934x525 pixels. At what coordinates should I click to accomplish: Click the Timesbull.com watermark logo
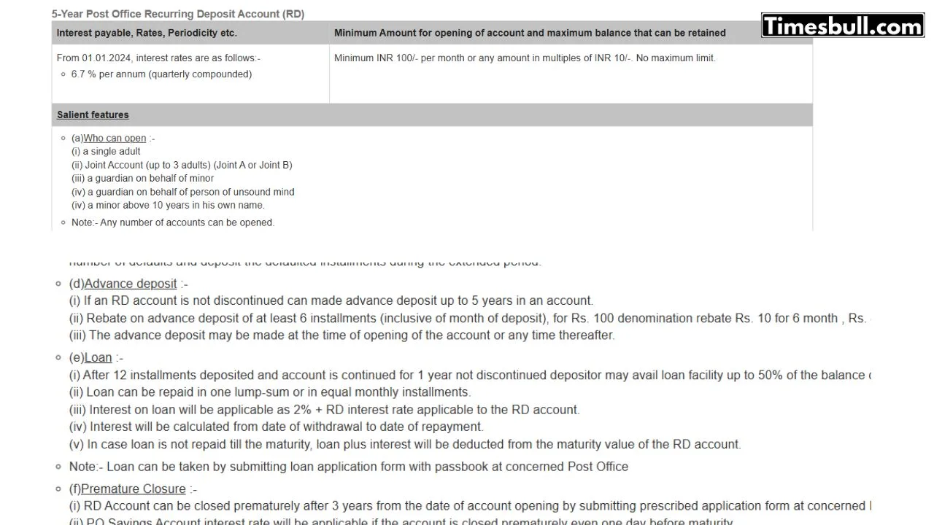click(x=843, y=26)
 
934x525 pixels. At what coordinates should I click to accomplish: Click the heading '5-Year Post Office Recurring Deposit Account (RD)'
click(x=178, y=14)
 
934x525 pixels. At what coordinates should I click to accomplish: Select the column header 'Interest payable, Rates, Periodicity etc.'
click(x=147, y=33)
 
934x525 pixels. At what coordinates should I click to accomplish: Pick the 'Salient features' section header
click(x=93, y=115)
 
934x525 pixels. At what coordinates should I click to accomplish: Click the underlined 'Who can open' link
click(x=115, y=139)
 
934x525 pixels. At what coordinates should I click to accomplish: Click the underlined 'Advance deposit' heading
click(x=130, y=284)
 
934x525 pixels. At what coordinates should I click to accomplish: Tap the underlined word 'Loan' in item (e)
click(x=98, y=357)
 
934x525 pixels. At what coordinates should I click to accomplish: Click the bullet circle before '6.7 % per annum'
click(x=63, y=74)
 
